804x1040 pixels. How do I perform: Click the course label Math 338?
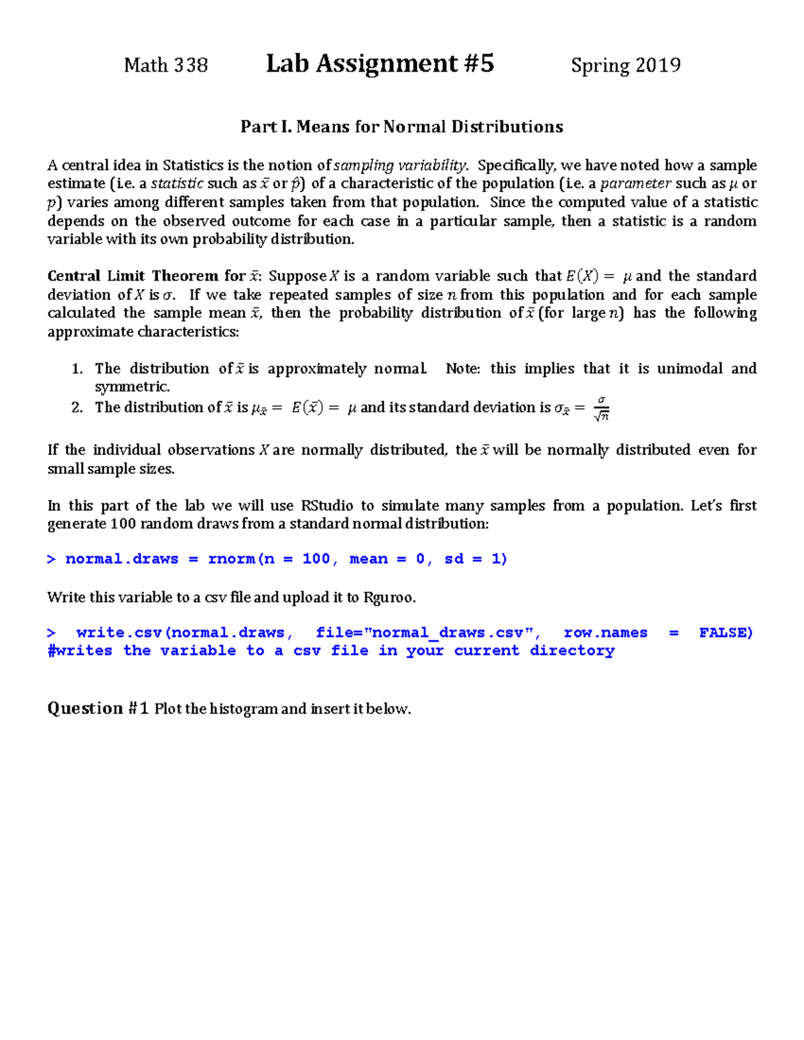tap(165, 66)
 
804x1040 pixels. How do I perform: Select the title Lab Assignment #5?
tap(380, 64)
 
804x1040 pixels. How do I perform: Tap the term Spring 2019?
tap(625, 66)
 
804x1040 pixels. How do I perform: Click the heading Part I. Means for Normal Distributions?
tap(401, 127)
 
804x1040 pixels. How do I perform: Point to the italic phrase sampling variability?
tap(400, 165)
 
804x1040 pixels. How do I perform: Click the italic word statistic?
tap(177, 183)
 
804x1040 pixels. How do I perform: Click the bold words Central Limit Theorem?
tap(133, 276)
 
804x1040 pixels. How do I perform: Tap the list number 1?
tap(77, 369)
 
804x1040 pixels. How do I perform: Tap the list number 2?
tap(77, 407)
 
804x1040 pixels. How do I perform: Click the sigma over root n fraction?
tap(601, 408)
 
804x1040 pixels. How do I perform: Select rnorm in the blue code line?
tap(231, 559)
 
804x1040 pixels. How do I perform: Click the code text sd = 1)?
tap(476, 559)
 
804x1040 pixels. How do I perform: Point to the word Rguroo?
tap(389, 597)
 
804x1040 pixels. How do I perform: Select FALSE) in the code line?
tap(726, 633)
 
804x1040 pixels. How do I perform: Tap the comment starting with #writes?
tap(330, 651)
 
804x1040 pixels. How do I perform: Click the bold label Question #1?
tap(98, 709)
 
